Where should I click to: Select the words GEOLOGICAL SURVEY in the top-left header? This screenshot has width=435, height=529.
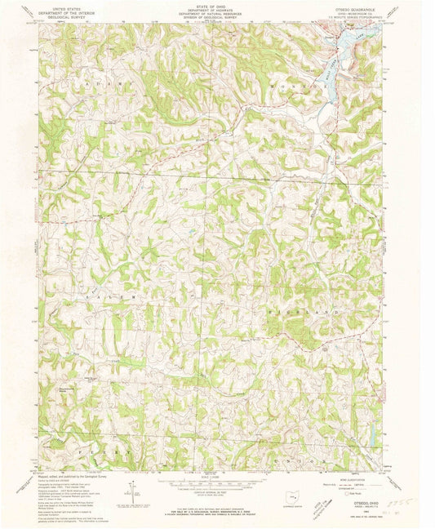(x=69, y=15)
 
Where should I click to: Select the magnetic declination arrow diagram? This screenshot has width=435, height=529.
(x=130, y=491)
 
